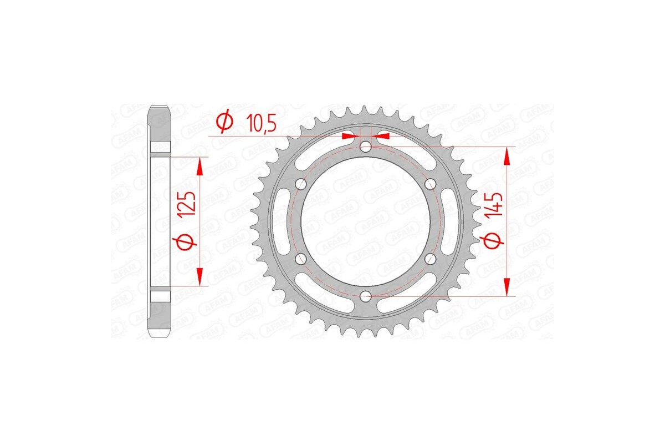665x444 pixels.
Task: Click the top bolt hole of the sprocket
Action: pyautogui.click(x=365, y=146)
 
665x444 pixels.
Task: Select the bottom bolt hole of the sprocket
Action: pyautogui.click(x=365, y=296)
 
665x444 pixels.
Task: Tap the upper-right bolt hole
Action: pyautogui.click(x=429, y=184)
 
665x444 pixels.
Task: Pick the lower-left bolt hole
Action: pyautogui.click(x=301, y=259)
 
